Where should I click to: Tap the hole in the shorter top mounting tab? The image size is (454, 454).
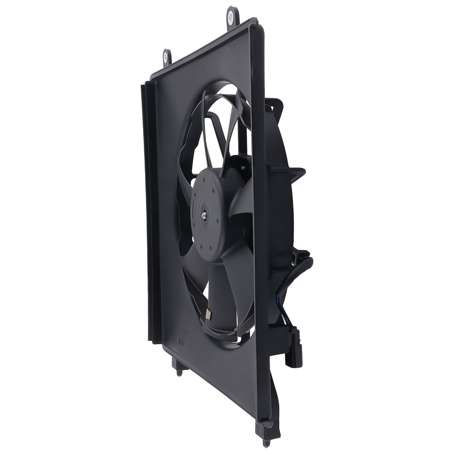(x=167, y=57)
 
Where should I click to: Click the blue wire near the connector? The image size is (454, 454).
(x=281, y=305)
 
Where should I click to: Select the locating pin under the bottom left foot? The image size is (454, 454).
(x=179, y=372)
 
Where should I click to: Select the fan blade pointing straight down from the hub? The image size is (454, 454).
(x=222, y=295)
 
